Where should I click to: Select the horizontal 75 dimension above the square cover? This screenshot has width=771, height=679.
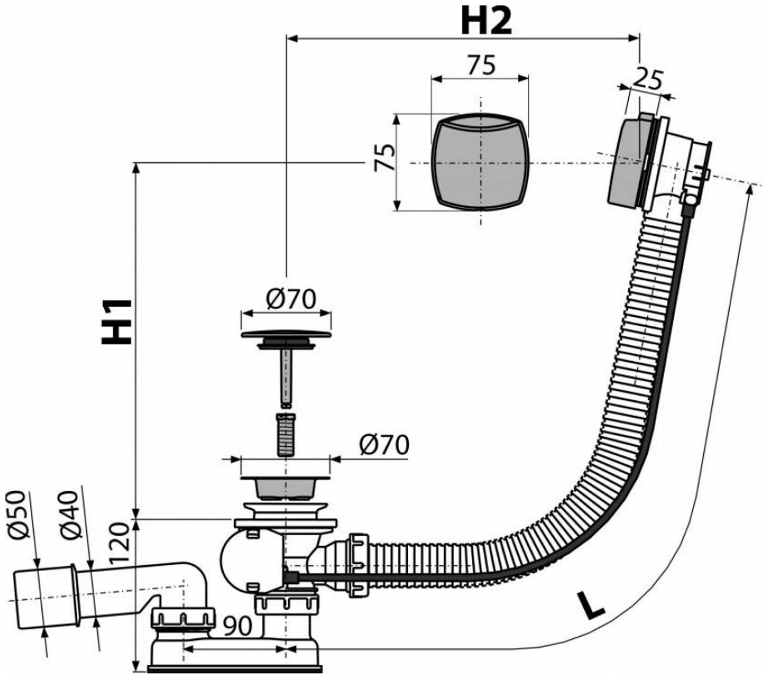click(x=481, y=66)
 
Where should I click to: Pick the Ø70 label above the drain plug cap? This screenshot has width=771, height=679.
click(x=291, y=299)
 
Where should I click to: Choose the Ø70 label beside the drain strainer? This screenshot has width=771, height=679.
click(x=383, y=445)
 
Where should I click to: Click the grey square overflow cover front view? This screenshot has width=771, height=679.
click(x=480, y=162)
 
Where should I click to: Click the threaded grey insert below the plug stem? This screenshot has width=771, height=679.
click(x=285, y=434)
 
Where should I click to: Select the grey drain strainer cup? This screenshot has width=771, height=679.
click(x=285, y=487)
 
